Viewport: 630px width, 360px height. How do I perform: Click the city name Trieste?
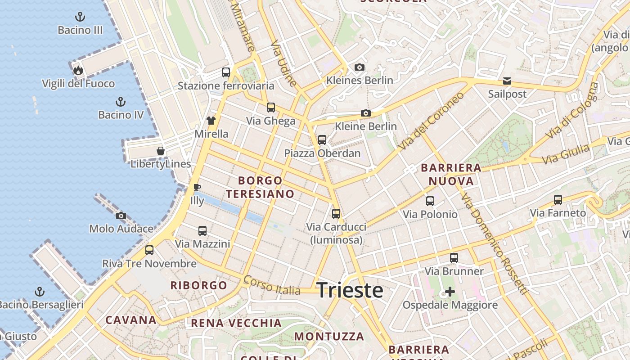tap(350, 290)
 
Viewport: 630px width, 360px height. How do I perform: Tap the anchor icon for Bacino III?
tap(80, 18)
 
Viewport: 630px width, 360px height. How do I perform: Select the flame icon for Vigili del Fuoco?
tap(78, 70)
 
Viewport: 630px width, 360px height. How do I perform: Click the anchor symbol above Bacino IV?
tap(120, 102)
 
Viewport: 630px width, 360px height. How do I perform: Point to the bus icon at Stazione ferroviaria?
tap(226, 72)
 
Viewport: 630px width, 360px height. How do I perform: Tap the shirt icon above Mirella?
tap(211, 120)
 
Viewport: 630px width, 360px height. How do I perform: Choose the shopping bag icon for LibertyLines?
tap(161, 150)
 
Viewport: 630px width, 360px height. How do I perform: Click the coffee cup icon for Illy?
tap(197, 187)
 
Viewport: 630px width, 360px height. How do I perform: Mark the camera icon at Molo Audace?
tap(121, 216)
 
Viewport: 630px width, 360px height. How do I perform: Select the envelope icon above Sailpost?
tap(507, 81)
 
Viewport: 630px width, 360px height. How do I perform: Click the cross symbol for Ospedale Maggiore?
tap(450, 292)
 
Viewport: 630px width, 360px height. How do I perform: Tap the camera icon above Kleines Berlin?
tap(359, 67)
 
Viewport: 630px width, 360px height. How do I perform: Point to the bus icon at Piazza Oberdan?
tap(322, 139)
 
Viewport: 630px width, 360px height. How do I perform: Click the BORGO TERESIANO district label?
tap(260, 187)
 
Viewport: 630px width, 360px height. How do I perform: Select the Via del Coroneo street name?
tap(431, 121)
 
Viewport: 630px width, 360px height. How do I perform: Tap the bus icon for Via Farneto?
tap(558, 199)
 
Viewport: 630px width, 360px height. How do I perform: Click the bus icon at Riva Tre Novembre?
tap(149, 250)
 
